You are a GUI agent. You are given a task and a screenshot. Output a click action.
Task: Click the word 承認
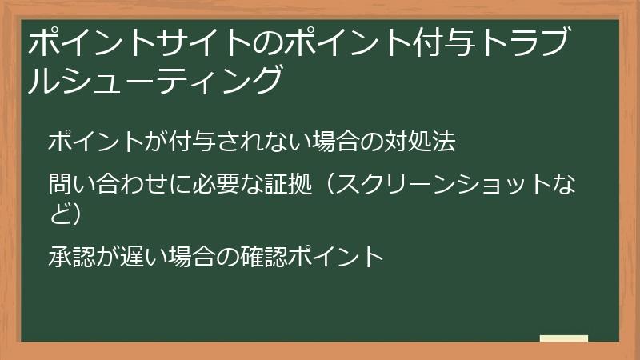click(x=67, y=257)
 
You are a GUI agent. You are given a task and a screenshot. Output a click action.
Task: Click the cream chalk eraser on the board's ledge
click(x=563, y=338)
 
